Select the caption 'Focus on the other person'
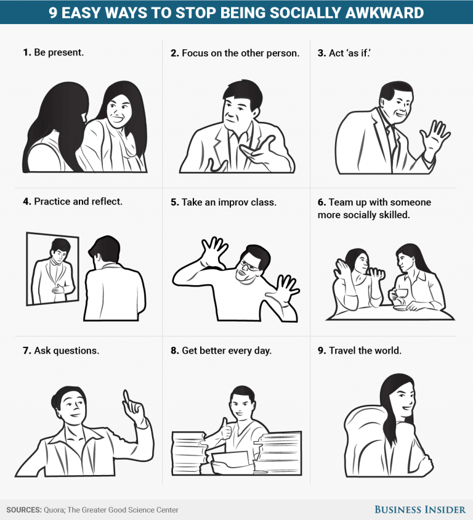click(240, 53)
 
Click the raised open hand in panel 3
click(439, 137)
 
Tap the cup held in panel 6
click(401, 295)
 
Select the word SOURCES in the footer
click(23, 510)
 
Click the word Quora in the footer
click(55, 510)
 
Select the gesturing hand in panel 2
click(258, 152)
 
